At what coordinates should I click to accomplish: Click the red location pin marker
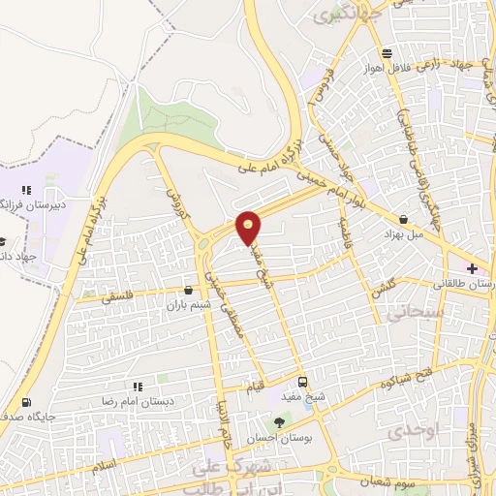249,228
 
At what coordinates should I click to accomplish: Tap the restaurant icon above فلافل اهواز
387,53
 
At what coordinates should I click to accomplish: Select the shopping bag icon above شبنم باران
188,289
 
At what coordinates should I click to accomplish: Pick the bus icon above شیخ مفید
302,382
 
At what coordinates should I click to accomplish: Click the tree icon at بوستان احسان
280,421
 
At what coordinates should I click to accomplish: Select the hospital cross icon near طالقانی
472,267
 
